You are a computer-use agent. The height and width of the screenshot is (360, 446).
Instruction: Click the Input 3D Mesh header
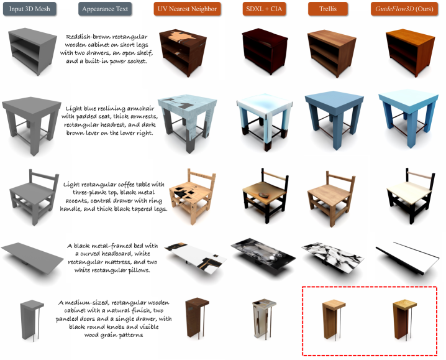[x=30, y=9]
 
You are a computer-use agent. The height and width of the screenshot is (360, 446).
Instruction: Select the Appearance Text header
[x=105, y=9]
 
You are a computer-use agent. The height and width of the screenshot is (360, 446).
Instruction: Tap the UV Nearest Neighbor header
[x=187, y=9]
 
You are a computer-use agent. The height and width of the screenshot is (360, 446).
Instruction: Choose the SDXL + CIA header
[x=264, y=9]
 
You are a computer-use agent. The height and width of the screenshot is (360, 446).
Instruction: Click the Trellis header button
[x=328, y=9]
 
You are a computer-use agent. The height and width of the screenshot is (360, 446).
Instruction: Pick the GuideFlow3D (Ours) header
[x=404, y=9]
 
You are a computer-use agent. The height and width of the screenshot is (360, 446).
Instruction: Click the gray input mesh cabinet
[x=32, y=51]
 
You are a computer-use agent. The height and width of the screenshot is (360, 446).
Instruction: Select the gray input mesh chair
[x=34, y=196]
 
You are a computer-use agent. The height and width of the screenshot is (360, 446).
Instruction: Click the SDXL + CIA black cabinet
[x=265, y=51]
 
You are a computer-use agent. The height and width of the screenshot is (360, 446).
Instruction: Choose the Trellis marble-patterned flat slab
[x=332, y=258]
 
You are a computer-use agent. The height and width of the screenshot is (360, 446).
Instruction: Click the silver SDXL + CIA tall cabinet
[x=264, y=318]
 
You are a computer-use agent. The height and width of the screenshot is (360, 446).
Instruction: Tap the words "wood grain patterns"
[x=114, y=335]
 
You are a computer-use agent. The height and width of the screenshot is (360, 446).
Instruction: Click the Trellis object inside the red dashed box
[x=334, y=320]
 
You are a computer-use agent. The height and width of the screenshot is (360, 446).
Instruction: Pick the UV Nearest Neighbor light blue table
[x=187, y=122]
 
